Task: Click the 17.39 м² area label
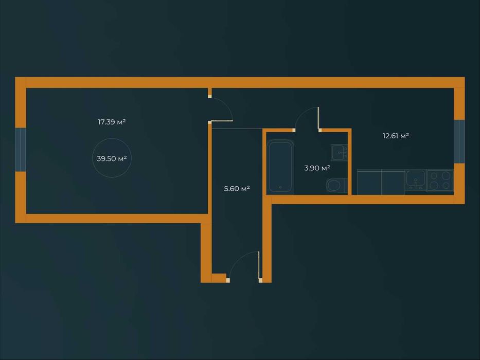pyautogui.click(x=112, y=122)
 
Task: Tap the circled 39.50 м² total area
pyautogui.click(x=112, y=159)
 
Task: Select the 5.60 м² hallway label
pyautogui.click(x=237, y=189)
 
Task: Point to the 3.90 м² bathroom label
pyautogui.click(x=317, y=168)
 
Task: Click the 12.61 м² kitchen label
pyautogui.click(x=396, y=136)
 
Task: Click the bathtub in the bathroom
pyautogui.click(x=280, y=166)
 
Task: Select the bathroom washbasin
pyautogui.click(x=339, y=152)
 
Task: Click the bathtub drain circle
pyautogui.click(x=280, y=188)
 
